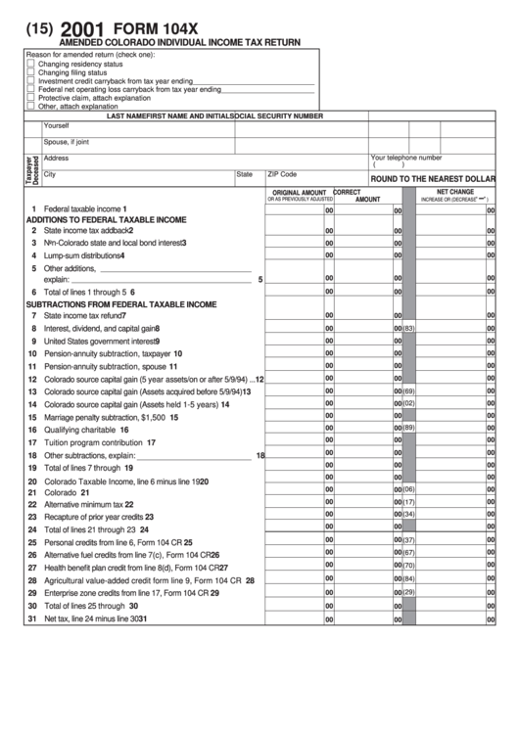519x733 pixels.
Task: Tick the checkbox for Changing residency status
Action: (30, 64)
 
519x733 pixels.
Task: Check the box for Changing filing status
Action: (30, 72)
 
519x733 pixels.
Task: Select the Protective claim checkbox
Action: (30, 98)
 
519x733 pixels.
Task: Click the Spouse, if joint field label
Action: (67, 142)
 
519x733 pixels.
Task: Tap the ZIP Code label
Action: (282, 173)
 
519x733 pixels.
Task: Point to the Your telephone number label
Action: (405, 157)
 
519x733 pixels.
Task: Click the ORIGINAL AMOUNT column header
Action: (299, 192)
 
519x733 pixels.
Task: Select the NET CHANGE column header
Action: (454, 192)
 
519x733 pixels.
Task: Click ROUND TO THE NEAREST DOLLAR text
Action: (432, 179)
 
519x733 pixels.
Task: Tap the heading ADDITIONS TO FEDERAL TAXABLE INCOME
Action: (106, 220)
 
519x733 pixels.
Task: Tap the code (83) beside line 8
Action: (409, 328)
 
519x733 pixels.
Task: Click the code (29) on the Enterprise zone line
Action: (409, 591)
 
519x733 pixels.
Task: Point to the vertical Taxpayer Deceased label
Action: (31, 169)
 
